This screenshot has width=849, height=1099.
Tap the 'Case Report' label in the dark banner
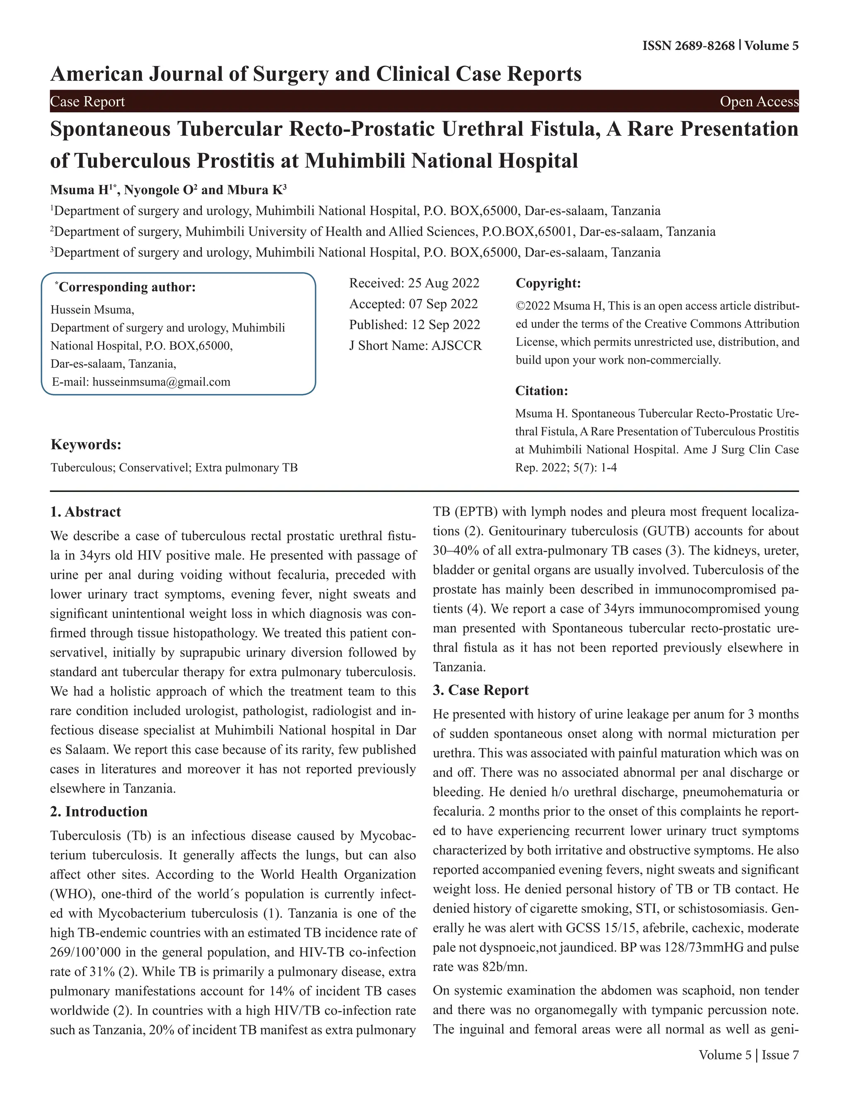click(87, 102)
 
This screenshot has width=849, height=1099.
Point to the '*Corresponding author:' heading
click(125, 287)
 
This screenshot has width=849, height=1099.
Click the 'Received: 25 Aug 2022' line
click(414, 283)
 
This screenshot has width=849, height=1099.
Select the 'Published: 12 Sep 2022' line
click(415, 325)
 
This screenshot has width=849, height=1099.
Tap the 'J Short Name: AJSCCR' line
click(415, 346)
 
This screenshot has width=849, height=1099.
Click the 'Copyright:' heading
click(548, 283)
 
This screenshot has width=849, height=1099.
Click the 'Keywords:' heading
click(86, 445)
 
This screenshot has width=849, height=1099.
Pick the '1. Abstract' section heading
click(85, 512)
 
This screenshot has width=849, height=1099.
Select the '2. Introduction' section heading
click(99, 812)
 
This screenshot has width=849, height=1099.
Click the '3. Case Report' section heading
click(480, 690)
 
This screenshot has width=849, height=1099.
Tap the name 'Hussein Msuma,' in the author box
click(92, 310)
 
